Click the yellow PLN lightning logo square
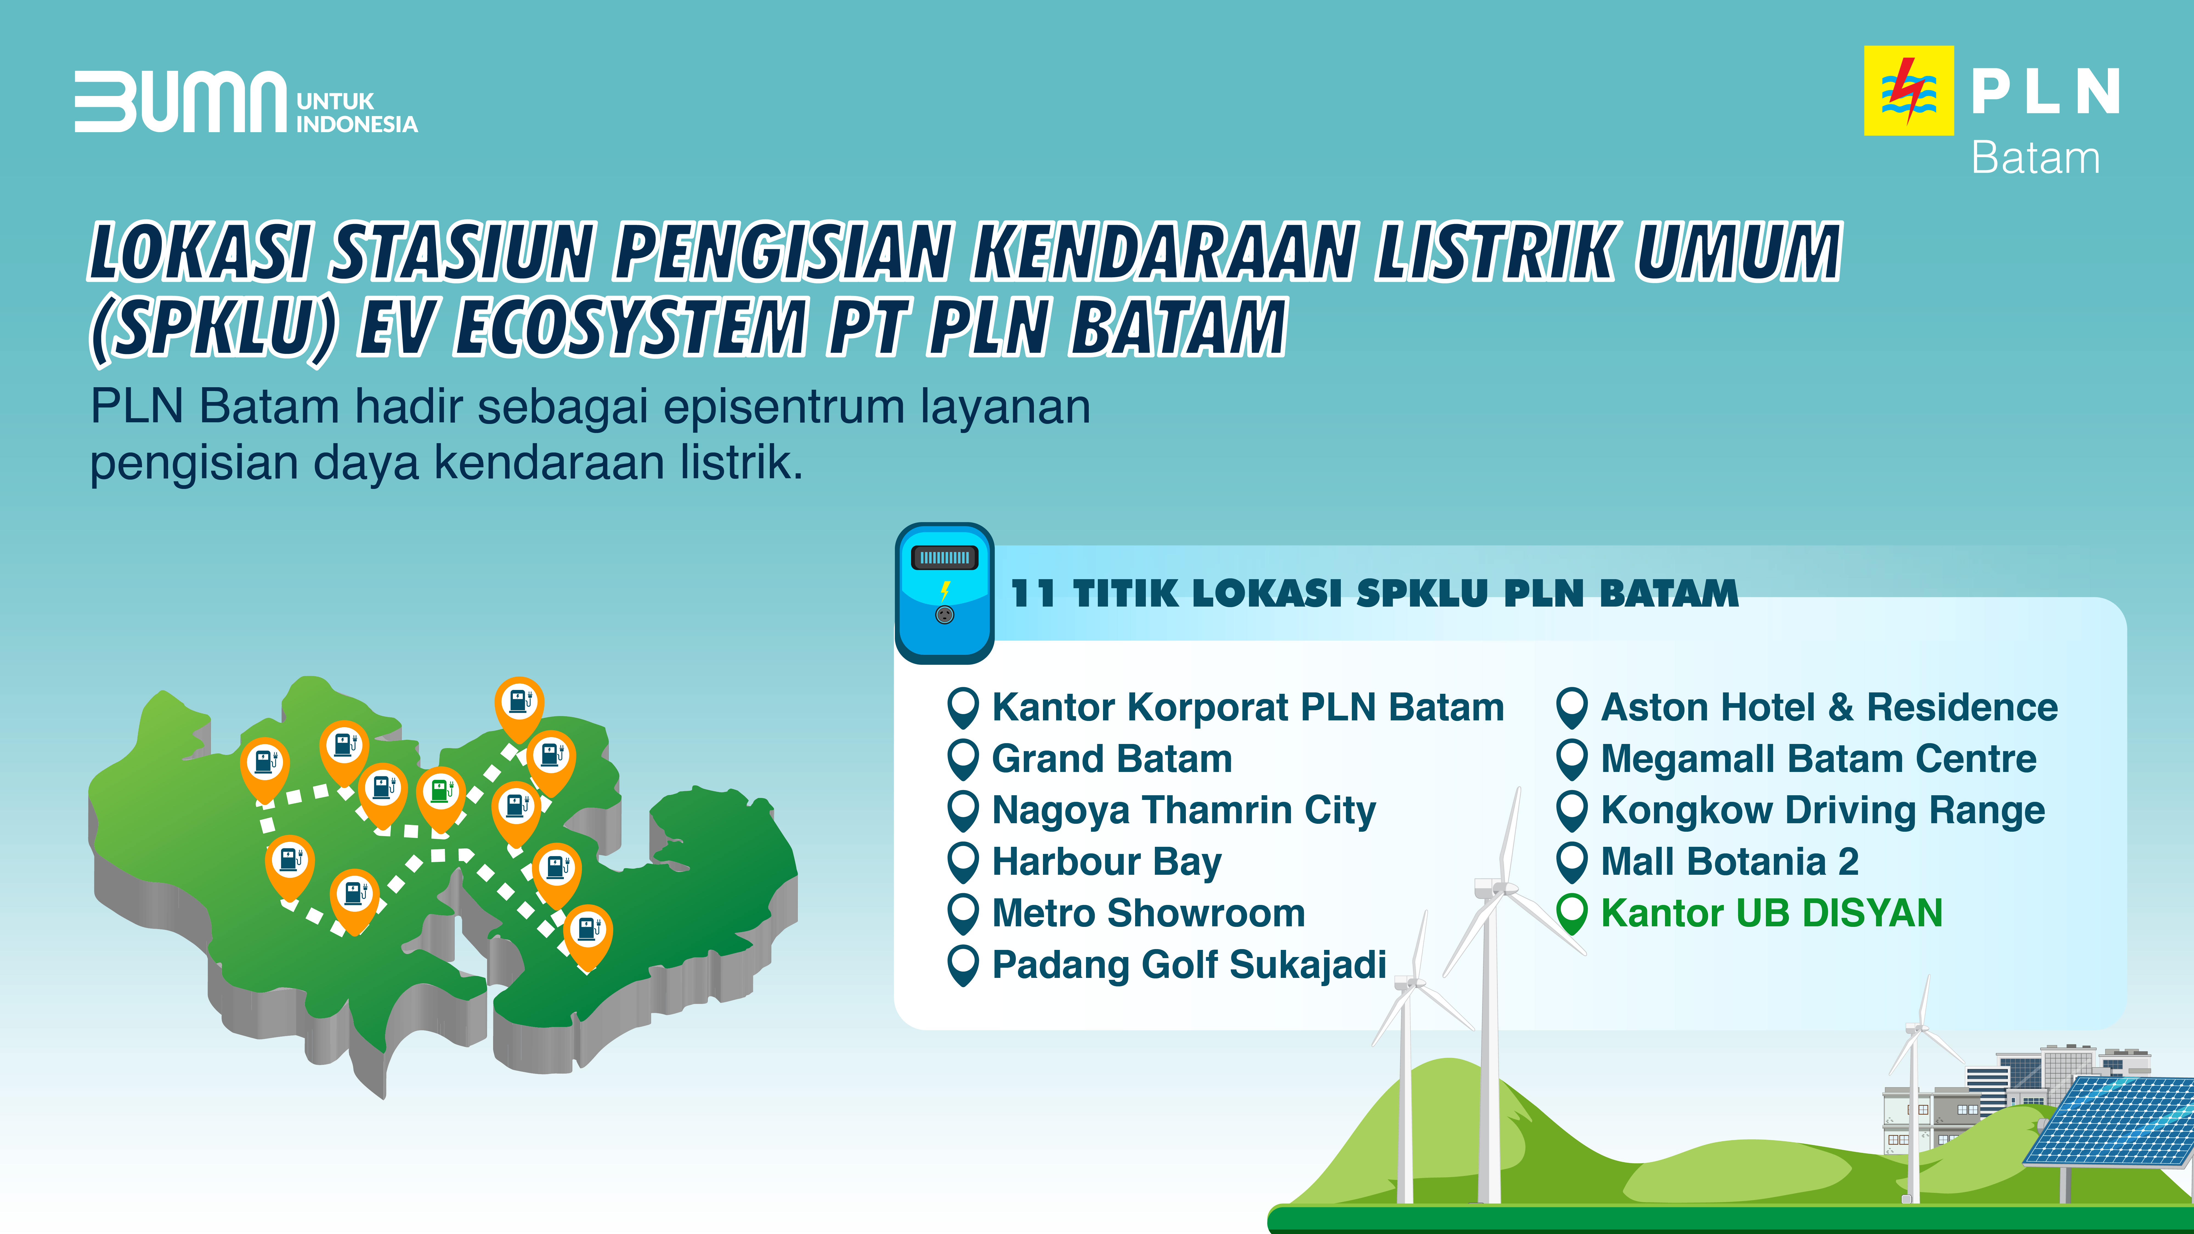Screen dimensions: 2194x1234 coord(1909,90)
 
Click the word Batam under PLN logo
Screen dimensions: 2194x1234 coord(2035,159)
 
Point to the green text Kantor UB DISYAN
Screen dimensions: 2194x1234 coord(1772,913)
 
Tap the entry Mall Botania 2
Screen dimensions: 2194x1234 coord(1730,862)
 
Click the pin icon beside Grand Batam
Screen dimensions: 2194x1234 coord(963,760)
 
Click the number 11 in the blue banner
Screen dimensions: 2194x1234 coord(1033,594)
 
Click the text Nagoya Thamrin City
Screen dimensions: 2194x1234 coord(1184,811)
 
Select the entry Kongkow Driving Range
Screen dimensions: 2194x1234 coord(1823,811)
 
